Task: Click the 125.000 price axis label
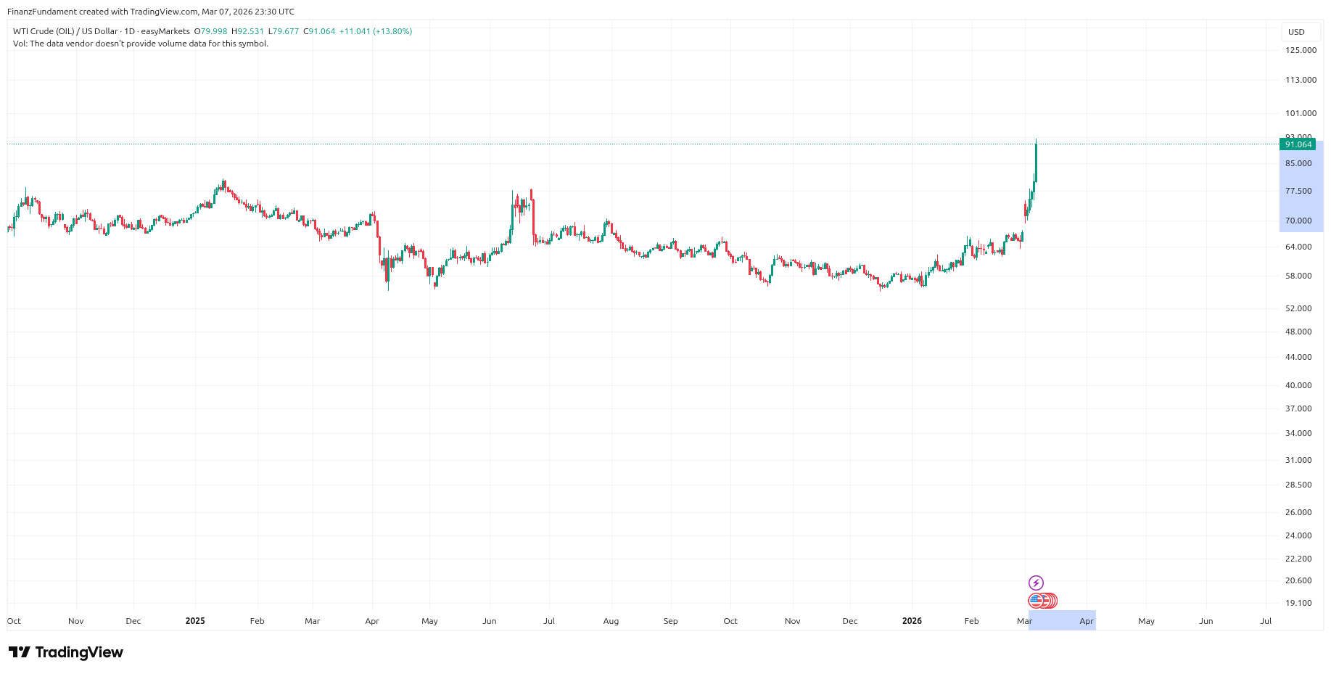(x=1301, y=50)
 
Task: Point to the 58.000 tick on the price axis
(x=1298, y=276)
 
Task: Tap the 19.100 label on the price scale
(x=1298, y=603)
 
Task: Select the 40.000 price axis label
(x=1298, y=385)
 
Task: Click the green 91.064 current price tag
(x=1298, y=144)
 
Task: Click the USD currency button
(x=1296, y=32)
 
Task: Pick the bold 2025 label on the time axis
(x=195, y=621)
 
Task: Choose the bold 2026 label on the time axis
(x=912, y=621)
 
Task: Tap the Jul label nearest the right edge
(x=1266, y=621)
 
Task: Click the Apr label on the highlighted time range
(x=1087, y=621)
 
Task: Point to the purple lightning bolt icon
(x=1036, y=583)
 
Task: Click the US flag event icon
(x=1036, y=601)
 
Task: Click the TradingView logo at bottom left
(x=66, y=652)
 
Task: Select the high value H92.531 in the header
(x=248, y=32)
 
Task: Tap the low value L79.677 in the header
(x=284, y=32)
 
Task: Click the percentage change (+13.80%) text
(x=392, y=32)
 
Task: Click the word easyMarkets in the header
(x=165, y=32)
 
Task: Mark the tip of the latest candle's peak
(x=1036, y=139)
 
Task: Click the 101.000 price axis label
(x=1301, y=113)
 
